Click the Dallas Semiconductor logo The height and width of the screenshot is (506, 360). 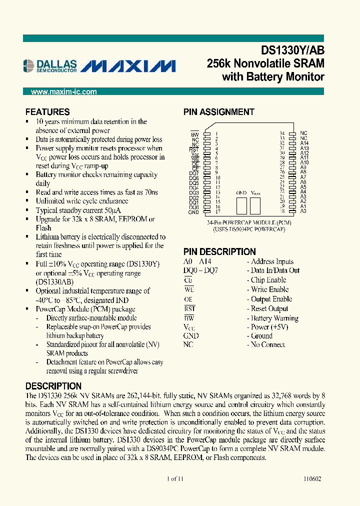click(x=50, y=66)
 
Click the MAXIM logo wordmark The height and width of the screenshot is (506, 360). click(x=128, y=66)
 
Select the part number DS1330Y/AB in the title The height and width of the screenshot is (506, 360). click(x=292, y=50)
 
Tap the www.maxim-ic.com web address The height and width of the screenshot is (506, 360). click(x=64, y=92)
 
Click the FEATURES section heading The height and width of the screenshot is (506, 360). click(x=47, y=112)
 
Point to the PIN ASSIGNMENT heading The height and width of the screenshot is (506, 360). click(x=218, y=112)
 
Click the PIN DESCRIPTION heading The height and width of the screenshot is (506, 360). click(x=219, y=251)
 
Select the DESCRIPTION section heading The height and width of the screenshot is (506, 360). click(x=53, y=386)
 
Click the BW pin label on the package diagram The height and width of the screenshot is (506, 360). click(x=195, y=134)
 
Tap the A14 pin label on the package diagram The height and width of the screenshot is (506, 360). click(x=304, y=143)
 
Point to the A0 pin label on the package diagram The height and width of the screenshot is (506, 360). click(x=303, y=211)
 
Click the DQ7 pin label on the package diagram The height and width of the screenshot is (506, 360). click(x=194, y=173)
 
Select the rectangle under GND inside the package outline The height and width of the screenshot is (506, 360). click(x=242, y=206)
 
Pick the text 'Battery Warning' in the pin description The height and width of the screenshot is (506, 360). click(x=274, y=318)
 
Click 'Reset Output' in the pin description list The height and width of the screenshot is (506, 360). click(x=269, y=308)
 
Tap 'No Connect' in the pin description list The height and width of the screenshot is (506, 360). click(x=268, y=344)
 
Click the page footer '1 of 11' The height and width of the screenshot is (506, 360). click(x=175, y=478)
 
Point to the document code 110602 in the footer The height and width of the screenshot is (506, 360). click(x=312, y=478)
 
